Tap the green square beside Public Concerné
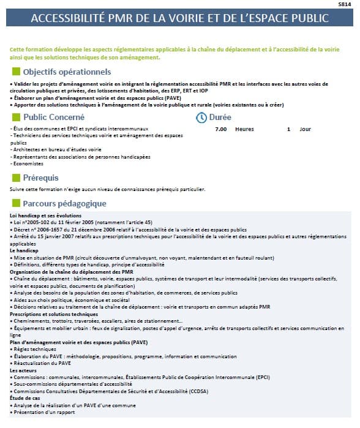16,116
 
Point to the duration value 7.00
221,129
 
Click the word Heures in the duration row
244,129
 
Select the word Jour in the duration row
305,129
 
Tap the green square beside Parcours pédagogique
16,203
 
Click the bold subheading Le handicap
24,250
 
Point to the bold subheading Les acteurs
24,370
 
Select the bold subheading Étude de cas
26,398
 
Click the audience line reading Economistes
28,163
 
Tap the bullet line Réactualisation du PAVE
43,363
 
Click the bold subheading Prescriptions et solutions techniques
53,313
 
